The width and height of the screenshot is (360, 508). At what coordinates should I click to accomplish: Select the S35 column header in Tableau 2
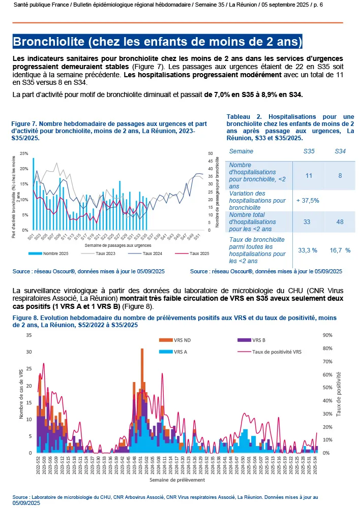pyautogui.click(x=308, y=151)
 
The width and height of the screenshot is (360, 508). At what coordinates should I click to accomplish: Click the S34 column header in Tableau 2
pyautogui.click(x=340, y=151)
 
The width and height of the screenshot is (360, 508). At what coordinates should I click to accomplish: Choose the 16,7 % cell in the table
pyautogui.click(x=340, y=250)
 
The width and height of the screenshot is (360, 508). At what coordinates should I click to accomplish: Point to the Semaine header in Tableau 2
pyautogui.click(x=241, y=151)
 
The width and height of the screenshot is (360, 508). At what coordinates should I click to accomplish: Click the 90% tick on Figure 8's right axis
pyautogui.click(x=327, y=335)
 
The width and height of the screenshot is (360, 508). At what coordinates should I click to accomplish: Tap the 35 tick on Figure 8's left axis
pyautogui.click(x=29, y=335)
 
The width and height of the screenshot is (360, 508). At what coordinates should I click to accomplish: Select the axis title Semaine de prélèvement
pyautogui.click(x=177, y=480)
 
